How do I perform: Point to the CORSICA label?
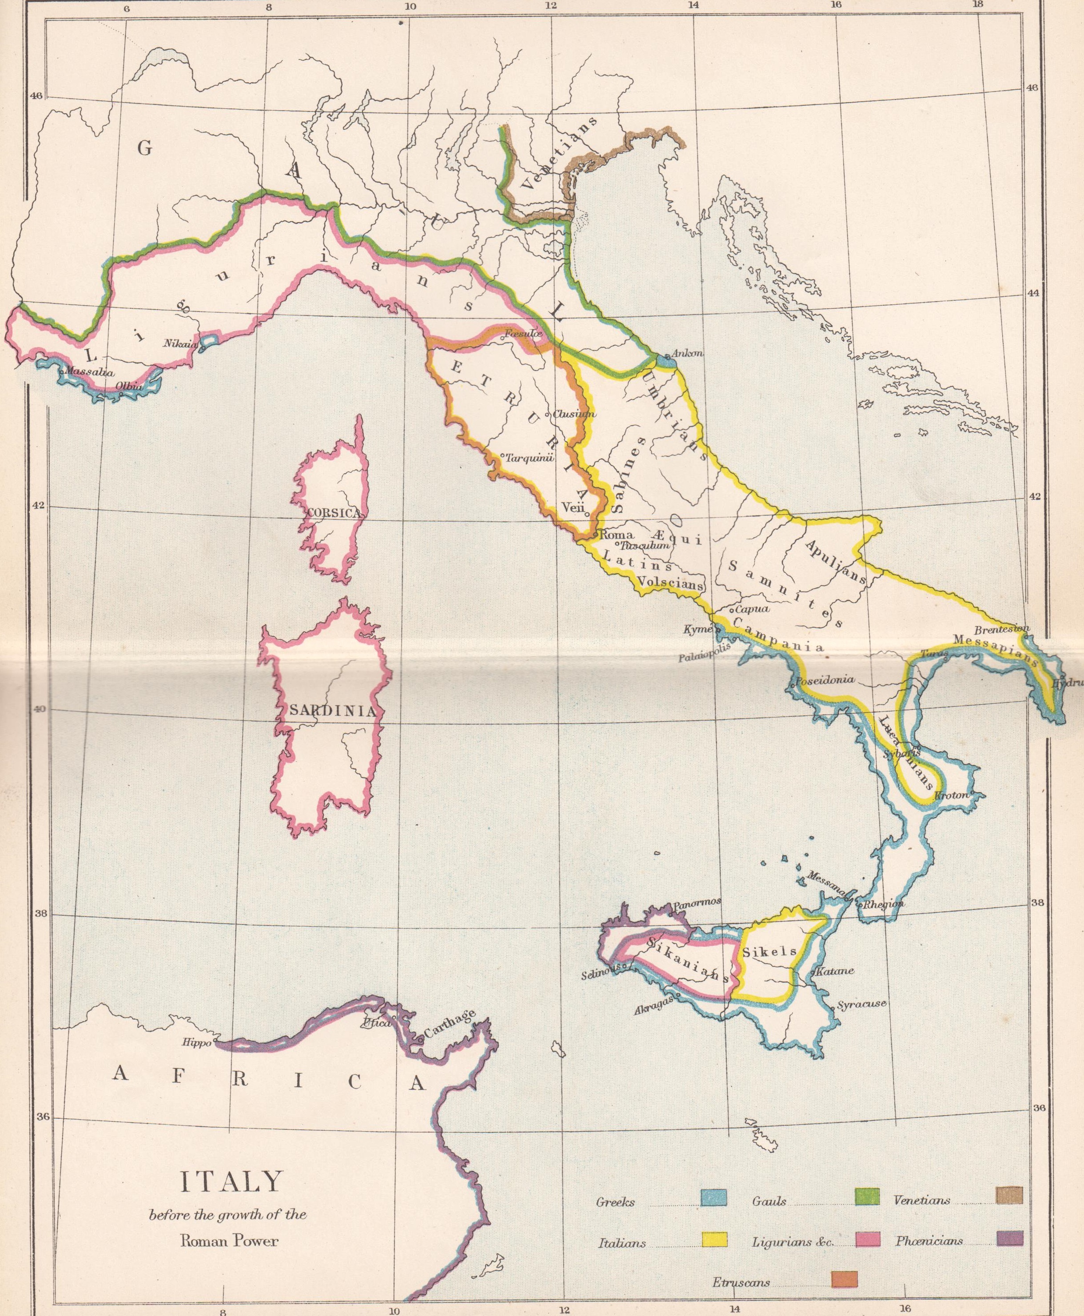[x=334, y=513]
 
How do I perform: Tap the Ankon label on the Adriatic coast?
[x=687, y=354]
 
